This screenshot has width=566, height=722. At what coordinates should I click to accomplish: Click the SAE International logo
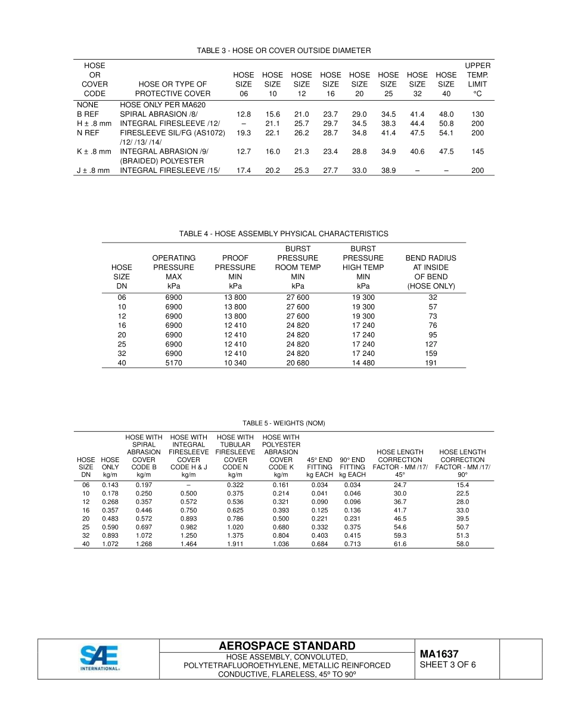tap(99, 658)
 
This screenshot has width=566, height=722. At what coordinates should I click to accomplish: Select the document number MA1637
tap(439, 654)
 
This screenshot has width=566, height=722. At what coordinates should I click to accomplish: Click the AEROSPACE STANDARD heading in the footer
tap(287, 646)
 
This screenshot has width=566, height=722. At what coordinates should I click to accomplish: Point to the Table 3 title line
tap(284, 51)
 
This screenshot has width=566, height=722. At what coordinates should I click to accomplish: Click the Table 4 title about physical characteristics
tap(284, 234)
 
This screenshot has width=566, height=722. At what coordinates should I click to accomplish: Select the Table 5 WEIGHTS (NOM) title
tap(284, 423)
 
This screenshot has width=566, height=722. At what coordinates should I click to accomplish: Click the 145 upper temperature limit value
tap(477, 151)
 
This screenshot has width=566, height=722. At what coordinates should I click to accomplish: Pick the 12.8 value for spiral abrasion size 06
tap(243, 114)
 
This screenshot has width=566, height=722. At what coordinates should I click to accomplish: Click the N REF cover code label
tap(88, 133)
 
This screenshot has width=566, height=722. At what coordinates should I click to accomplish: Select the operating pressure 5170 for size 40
tap(173, 362)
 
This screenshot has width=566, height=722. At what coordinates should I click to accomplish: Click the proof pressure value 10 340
tap(235, 362)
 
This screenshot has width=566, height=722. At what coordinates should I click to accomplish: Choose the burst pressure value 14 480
tap(363, 362)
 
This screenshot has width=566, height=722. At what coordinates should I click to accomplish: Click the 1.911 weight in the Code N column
tap(235, 544)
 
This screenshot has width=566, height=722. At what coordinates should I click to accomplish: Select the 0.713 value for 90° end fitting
tap(352, 544)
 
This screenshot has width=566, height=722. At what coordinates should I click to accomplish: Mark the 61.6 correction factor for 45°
tap(400, 544)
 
